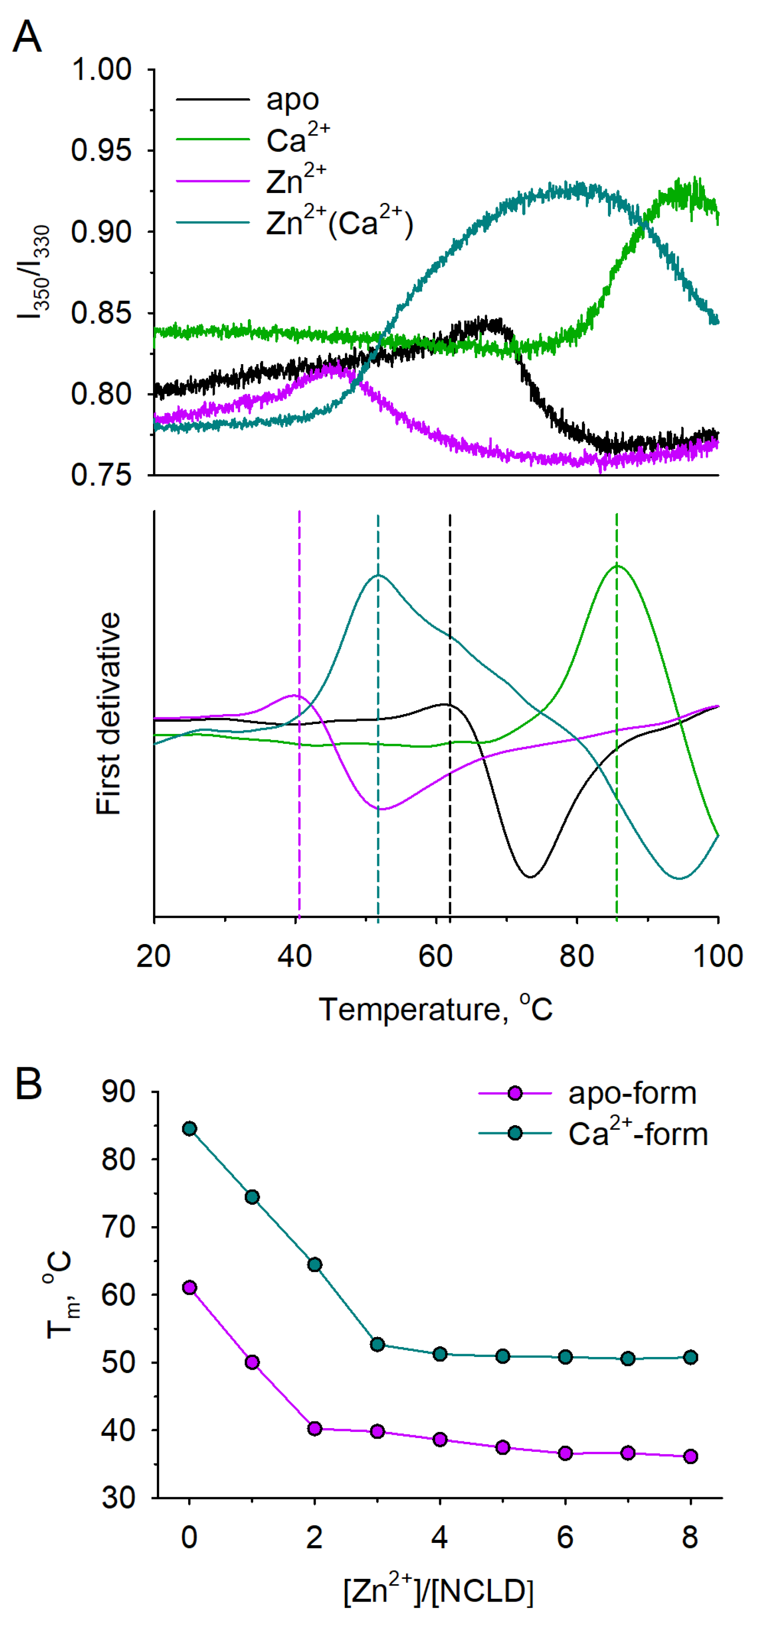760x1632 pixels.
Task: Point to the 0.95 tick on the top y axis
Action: [x=101, y=151]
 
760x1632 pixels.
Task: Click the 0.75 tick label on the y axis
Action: [x=101, y=475]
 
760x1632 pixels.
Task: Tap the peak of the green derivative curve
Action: [x=617, y=566]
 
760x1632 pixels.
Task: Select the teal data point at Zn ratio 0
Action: [x=190, y=1128]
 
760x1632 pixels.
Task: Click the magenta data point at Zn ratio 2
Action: [x=315, y=1429]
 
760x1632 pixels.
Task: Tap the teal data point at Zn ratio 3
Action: [x=378, y=1344]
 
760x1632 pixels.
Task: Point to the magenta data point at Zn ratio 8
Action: [x=691, y=1456]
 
